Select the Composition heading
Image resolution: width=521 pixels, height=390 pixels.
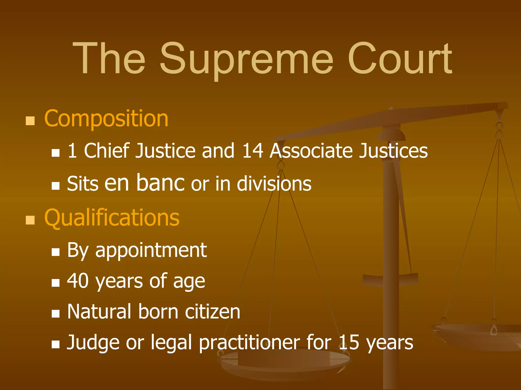[106, 119]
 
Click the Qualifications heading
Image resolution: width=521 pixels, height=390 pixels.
[112, 218]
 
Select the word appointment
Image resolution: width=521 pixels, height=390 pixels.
[151, 251]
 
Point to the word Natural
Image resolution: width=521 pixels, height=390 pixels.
[99, 312]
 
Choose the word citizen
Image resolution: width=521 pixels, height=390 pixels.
[212, 312]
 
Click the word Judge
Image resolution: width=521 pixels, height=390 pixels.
[93, 343]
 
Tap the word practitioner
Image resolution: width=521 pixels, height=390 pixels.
[250, 343]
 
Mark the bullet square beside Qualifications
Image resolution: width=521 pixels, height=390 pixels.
[30, 220]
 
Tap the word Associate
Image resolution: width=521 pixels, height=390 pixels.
[311, 151]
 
